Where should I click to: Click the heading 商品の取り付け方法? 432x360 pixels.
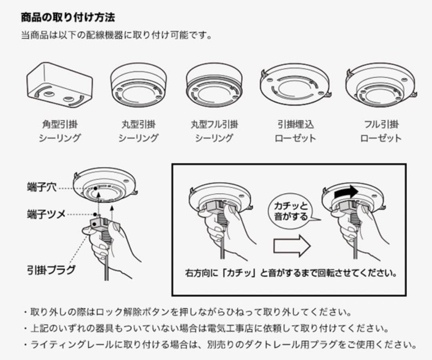68,18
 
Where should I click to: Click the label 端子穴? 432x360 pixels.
42,187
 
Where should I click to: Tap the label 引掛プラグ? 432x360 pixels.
51,269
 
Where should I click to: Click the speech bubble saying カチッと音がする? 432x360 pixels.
291,211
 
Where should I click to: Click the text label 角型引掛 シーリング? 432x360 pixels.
60,131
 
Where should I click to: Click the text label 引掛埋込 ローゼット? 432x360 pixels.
295,131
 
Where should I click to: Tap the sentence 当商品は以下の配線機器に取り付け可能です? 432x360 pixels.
116,35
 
